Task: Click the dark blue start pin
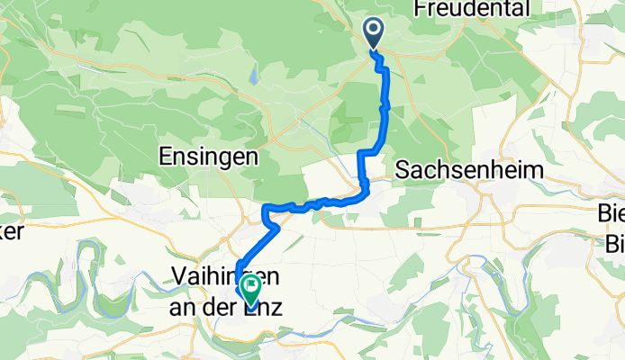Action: pos(374,34)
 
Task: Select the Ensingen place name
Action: pos(209,157)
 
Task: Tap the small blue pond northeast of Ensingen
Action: pos(254,77)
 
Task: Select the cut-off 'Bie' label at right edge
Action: pos(612,213)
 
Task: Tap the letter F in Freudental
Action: pos(416,9)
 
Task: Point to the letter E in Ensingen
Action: pos(166,157)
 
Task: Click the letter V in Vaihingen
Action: pos(178,276)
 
